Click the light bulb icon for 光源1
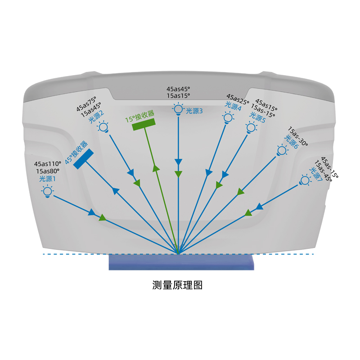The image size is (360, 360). (48, 192)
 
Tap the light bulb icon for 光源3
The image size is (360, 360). (178, 109)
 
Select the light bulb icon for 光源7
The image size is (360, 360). (306, 180)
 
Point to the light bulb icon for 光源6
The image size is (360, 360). (282, 150)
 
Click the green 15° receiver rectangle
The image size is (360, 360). (144, 124)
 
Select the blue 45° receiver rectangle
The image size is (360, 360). (83, 159)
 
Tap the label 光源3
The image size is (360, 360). (194, 111)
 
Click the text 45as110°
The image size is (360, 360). (48, 164)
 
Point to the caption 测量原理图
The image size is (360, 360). (177, 285)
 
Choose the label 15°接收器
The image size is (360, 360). (140, 116)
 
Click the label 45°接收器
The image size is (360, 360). (76, 153)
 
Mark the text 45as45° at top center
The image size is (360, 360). (178, 89)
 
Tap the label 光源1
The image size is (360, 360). (48, 179)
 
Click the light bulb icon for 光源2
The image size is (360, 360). (103, 127)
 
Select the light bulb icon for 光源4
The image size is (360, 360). (228, 118)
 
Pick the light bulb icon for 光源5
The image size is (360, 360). (251, 128)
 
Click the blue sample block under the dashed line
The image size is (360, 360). (181, 262)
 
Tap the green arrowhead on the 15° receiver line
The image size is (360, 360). (156, 168)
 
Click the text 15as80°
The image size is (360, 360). (48, 171)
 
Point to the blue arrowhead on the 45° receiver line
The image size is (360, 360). (116, 191)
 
